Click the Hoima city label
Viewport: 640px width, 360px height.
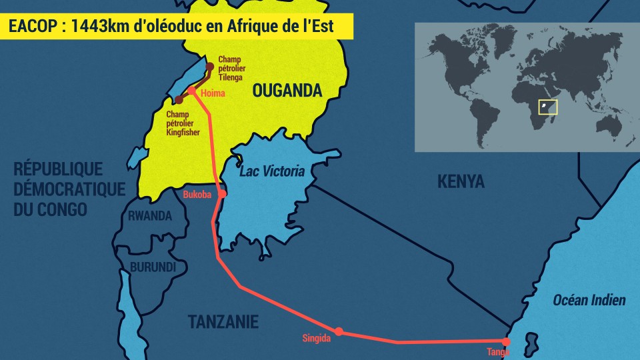[213, 93]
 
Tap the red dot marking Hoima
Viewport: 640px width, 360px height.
[191, 91]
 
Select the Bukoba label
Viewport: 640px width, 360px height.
[197, 195]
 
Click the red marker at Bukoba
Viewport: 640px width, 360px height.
[223, 194]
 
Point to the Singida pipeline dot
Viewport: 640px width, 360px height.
[339, 331]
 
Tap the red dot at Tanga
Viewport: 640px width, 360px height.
[506, 342]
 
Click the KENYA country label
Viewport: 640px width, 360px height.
[461, 181]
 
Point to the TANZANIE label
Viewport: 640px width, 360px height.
[223, 322]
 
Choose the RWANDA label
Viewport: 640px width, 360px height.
[150, 216]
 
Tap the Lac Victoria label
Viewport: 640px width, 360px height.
[277, 171]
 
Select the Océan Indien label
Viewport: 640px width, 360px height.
[589, 300]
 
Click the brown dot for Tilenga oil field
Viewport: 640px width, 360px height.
[210, 66]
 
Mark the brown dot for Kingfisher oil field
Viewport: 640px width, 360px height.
[179, 100]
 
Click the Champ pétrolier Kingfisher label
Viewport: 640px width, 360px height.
[183, 123]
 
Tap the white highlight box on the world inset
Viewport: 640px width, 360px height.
[547, 107]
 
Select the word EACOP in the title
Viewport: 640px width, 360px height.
[29, 27]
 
